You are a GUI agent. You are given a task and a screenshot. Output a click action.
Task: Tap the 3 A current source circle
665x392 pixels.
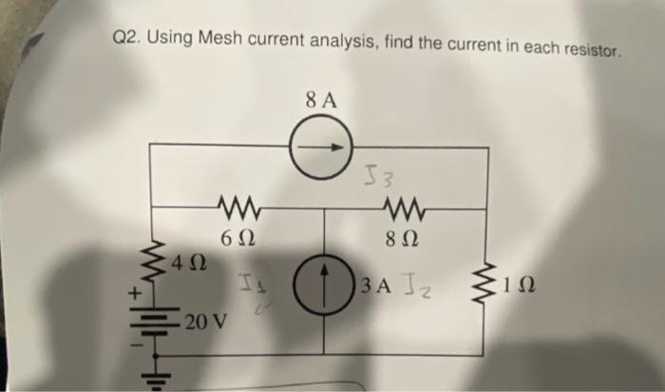click(x=325, y=284)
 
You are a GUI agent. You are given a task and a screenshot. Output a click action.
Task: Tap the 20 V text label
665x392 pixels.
click(x=205, y=320)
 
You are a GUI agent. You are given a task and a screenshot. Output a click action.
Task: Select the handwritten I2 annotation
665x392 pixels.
click(x=416, y=284)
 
